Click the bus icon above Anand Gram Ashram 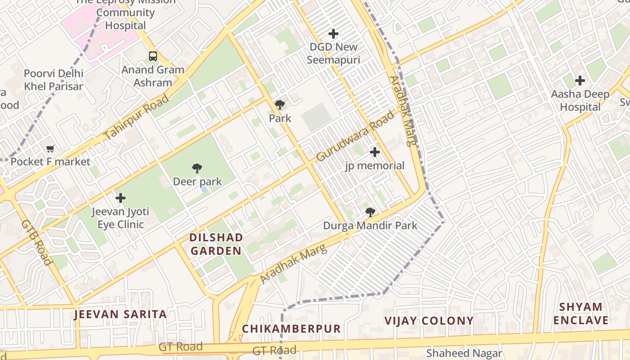[x=153, y=56]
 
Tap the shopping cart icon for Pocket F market [x=50, y=148]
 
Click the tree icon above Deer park [x=197, y=169]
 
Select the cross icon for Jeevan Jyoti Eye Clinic [x=121, y=198]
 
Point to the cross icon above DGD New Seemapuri [x=333, y=34]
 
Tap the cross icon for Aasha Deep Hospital [x=580, y=81]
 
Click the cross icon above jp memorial [x=374, y=152]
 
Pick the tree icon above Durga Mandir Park [x=370, y=212]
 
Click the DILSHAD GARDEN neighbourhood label [x=216, y=244]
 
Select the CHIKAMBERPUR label [x=291, y=329]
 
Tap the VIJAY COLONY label [x=428, y=321]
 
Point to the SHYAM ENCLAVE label [x=580, y=314]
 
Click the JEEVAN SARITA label [x=120, y=314]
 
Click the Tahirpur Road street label [x=136, y=117]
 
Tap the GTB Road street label [x=36, y=242]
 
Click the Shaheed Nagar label [x=464, y=353]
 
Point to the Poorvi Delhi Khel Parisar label [x=54, y=80]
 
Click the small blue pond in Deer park [x=205, y=190]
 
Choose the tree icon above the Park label [x=280, y=105]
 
